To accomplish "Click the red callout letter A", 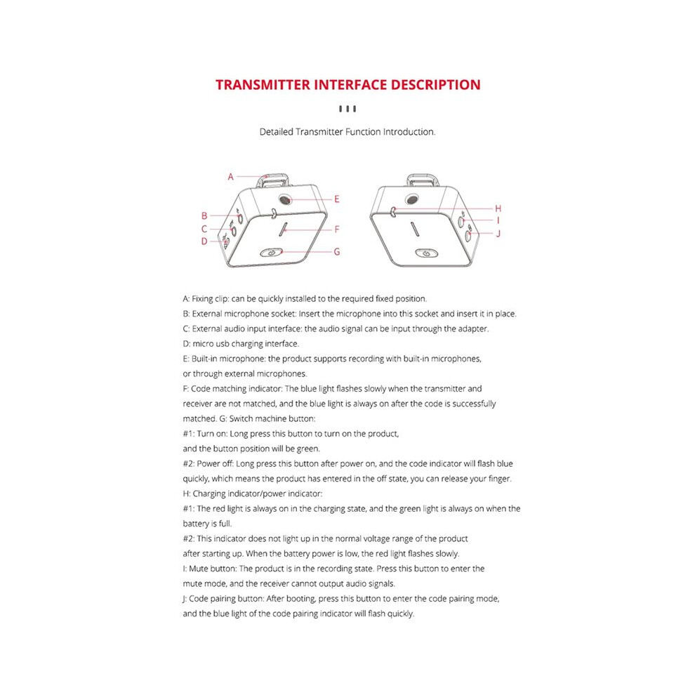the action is pos(230,177).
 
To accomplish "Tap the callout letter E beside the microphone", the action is pos(337,199).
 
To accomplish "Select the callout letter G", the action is pos(337,252).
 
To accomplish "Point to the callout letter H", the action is pos(498,208).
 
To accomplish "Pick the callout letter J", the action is pos(498,234).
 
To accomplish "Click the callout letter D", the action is pos(204,241).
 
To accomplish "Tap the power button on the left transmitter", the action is pos(271,253).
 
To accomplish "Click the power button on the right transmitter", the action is pos(426,253).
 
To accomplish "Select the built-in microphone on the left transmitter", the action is pos(285,199).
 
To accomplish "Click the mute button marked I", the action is pos(461,220).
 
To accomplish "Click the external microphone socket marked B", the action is pos(240,218).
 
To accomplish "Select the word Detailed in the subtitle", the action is pos(277,132).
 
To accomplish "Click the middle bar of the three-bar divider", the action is pos(347,109).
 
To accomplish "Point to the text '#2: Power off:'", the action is pos(208,463).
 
